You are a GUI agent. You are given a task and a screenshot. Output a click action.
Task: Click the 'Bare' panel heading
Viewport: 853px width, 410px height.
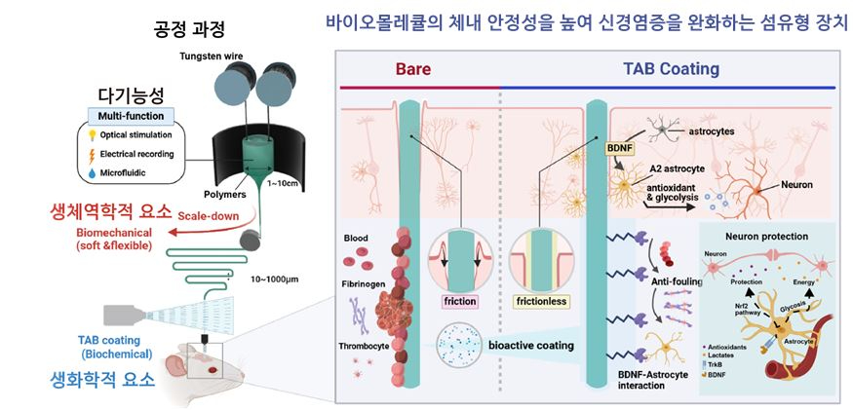click(x=412, y=69)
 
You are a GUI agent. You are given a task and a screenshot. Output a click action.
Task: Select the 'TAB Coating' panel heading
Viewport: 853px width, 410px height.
click(x=671, y=69)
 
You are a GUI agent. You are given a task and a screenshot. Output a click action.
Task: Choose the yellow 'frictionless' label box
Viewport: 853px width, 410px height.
click(x=541, y=301)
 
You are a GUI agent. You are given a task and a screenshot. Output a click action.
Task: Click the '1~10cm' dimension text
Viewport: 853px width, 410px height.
click(x=284, y=183)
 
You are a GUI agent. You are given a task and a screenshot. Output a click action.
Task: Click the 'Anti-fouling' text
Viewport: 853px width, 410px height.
click(x=679, y=280)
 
